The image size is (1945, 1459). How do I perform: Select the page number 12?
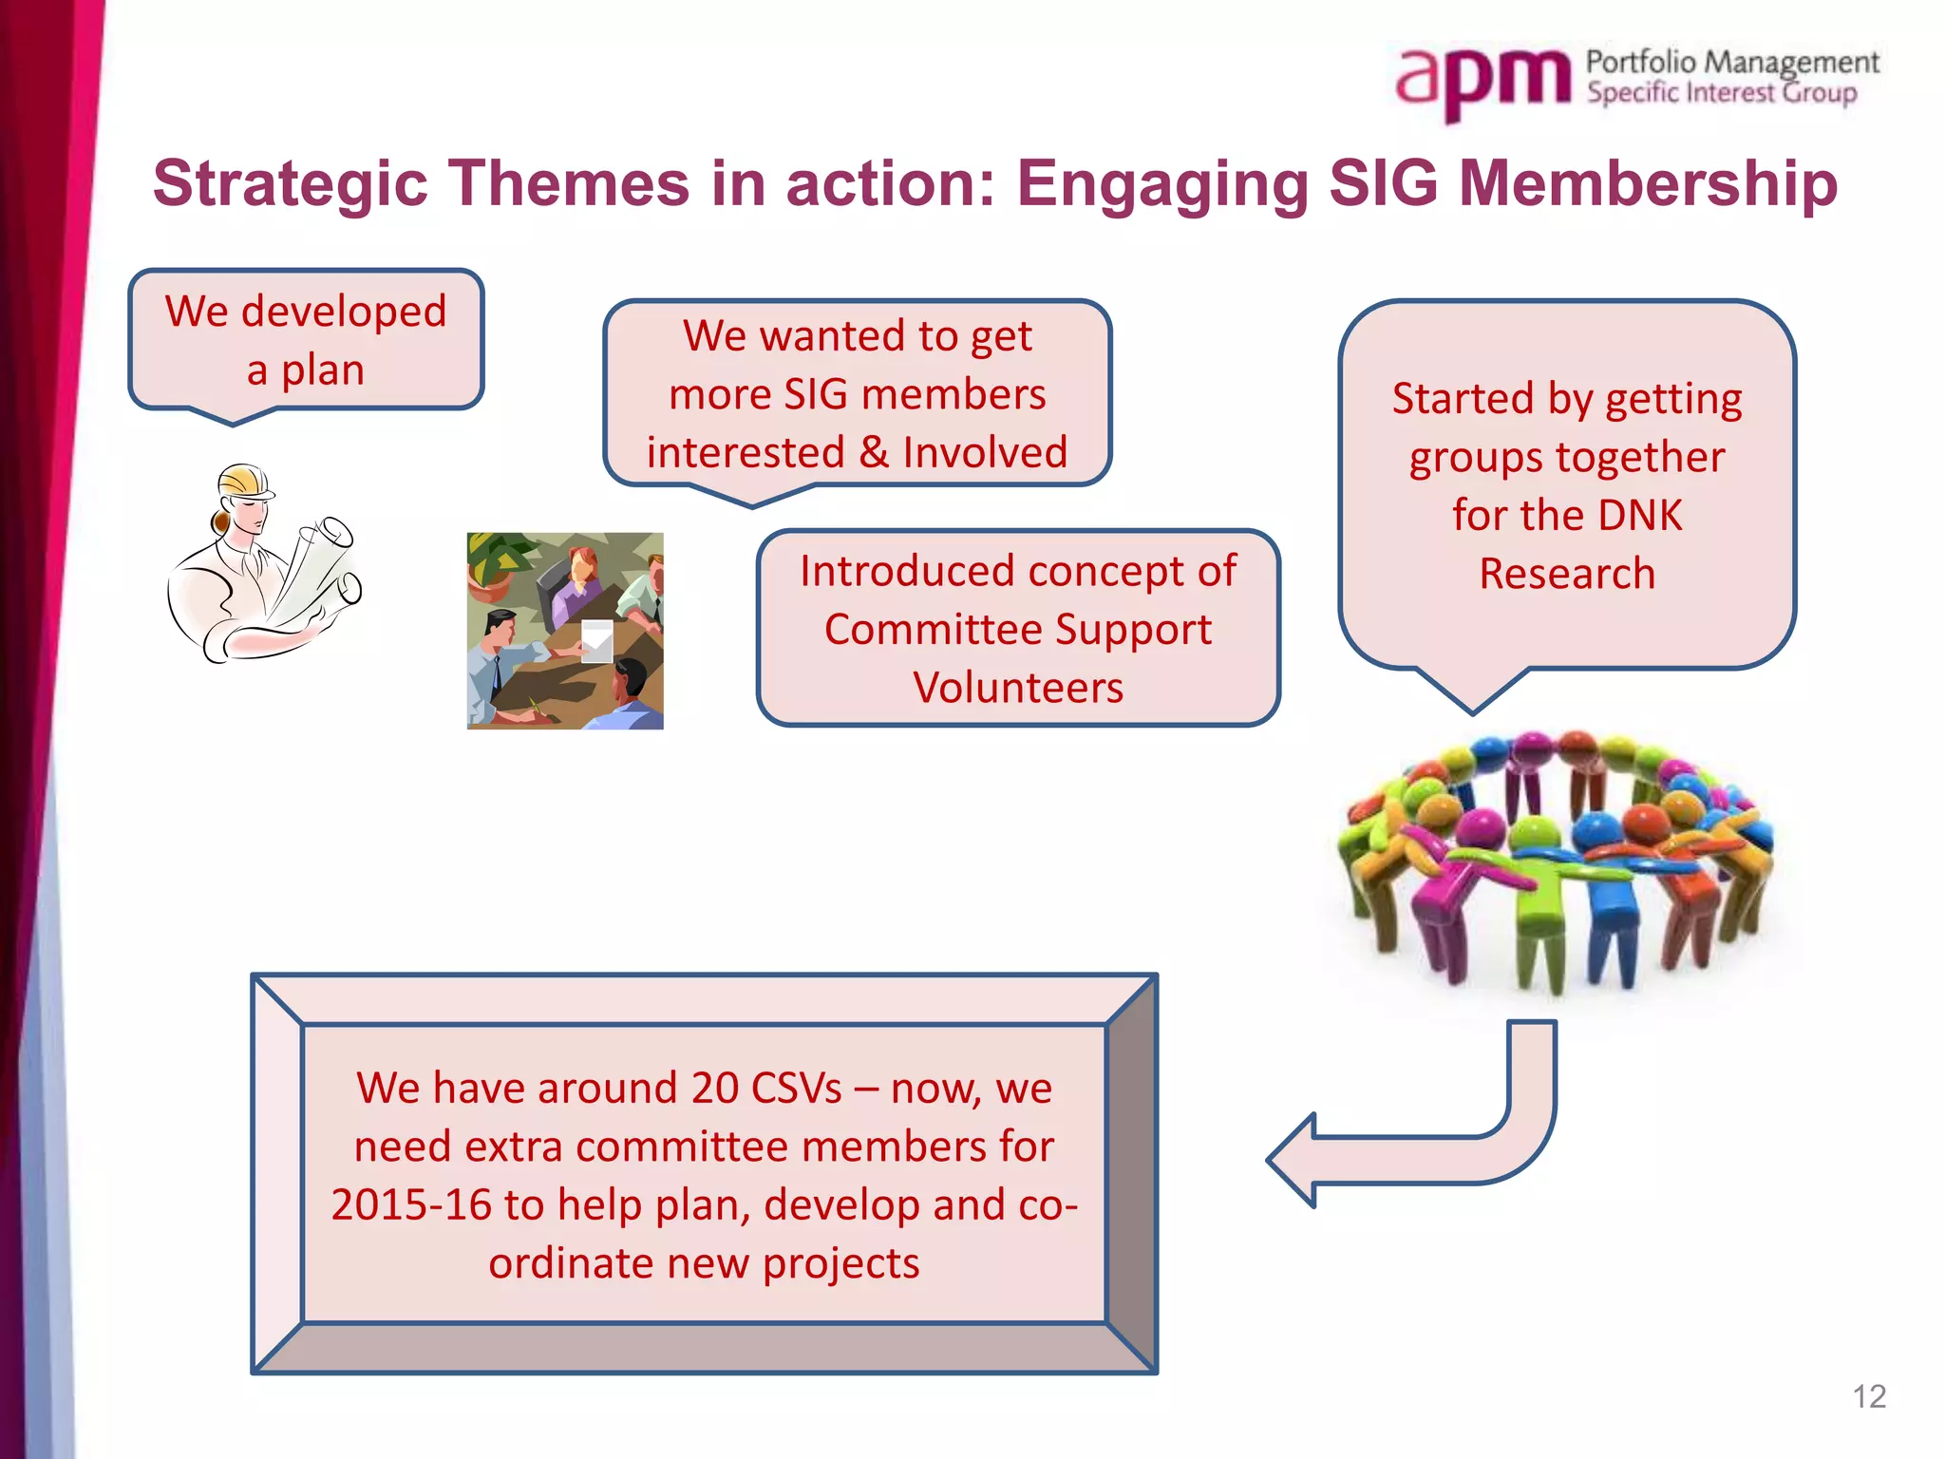pyautogui.click(x=1868, y=1396)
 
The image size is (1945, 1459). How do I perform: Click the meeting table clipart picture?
pyautogui.click(x=565, y=631)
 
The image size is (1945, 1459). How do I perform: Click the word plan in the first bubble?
pyautogui.click(x=322, y=369)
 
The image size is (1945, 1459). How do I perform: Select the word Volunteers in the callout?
pyautogui.click(x=1018, y=688)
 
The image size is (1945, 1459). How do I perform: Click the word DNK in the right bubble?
pyautogui.click(x=1639, y=516)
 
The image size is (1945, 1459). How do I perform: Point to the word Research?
pyautogui.click(x=1567, y=574)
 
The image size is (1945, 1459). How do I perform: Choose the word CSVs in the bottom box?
pyautogui.click(x=796, y=1089)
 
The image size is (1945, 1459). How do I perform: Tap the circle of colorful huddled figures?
pyautogui.click(x=1556, y=860)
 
